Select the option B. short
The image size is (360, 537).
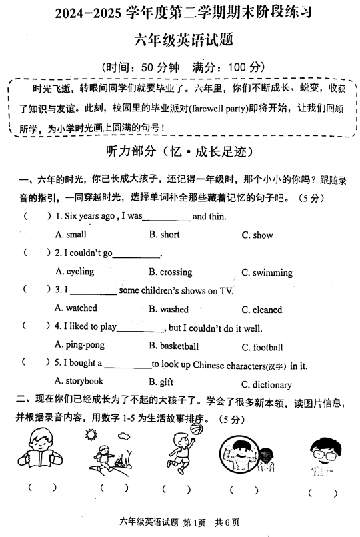[x=165, y=234]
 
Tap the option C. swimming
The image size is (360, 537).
[x=267, y=272]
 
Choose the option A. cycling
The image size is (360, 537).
[x=75, y=272]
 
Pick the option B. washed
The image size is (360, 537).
[x=169, y=309]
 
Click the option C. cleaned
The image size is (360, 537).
[x=262, y=310]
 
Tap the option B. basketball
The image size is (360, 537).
[x=174, y=346]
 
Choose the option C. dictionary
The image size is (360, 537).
[x=267, y=384]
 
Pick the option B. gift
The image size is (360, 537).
[x=161, y=382]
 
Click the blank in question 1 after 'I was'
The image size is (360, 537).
[x=167, y=217]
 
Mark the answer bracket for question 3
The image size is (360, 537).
[x=37, y=290]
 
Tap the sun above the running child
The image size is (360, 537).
[x=91, y=434]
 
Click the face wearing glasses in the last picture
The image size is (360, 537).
[x=321, y=452]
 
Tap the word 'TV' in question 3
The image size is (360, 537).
[x=227, y=290]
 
